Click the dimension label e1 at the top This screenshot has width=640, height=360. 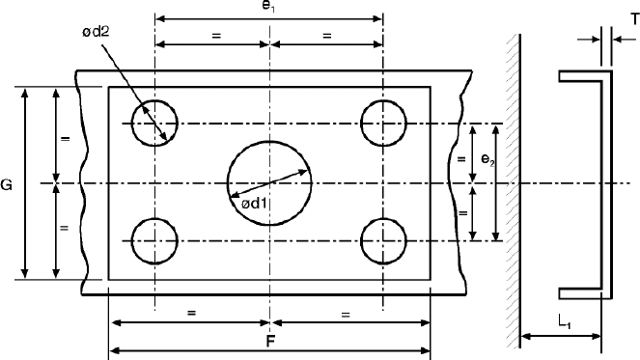click(268, 7)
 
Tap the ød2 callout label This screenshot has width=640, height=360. click(96, 32)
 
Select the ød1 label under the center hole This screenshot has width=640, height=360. click(254, 203)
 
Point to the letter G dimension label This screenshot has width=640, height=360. click(6, 185)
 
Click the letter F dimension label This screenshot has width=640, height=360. click(269, 342)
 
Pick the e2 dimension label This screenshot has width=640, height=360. click(487, 159)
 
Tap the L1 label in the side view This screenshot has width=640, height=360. click(565, 321)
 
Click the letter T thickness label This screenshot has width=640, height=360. click(635, 18)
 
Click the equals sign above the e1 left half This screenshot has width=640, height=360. click(216, 36)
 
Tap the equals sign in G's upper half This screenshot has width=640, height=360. click(65, 139)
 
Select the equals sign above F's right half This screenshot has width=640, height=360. click(346, 315)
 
